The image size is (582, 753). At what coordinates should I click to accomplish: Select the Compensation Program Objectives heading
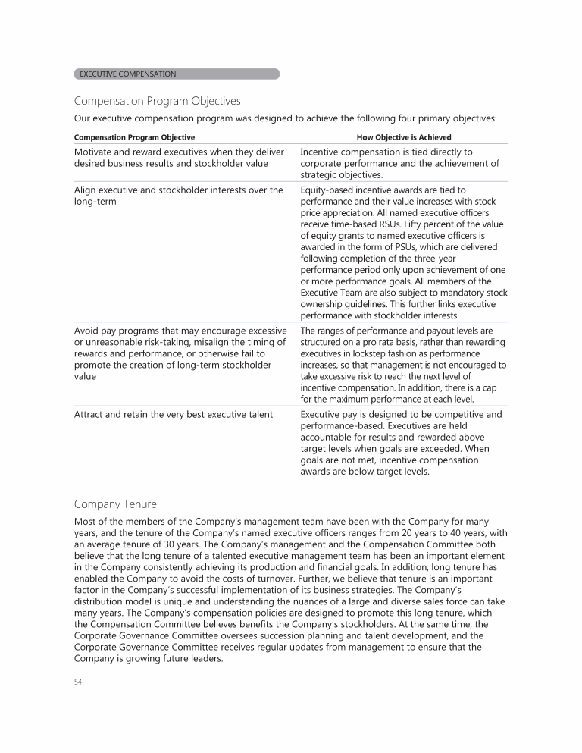click(157, 101)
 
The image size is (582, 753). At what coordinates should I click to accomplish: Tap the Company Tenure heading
click(116, 502)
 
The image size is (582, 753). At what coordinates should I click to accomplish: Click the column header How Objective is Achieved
click(404, 137)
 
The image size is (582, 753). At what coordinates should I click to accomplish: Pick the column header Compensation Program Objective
click(134, 137)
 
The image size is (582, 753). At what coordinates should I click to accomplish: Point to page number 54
click(79, 682)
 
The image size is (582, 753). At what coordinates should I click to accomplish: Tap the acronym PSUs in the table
click(421, 247)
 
